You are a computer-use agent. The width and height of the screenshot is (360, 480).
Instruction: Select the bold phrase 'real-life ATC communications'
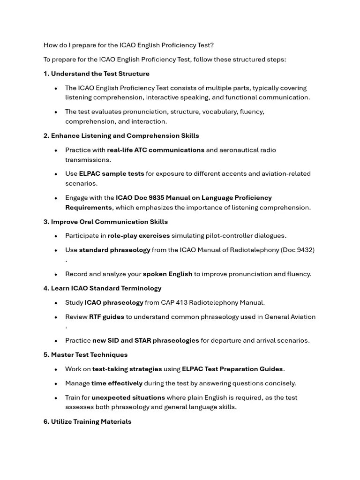tap(156, 150)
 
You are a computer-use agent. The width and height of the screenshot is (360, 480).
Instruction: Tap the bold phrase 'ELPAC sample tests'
tap(112, 173)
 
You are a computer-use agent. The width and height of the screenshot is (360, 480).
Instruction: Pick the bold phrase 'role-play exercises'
tap(139, 236)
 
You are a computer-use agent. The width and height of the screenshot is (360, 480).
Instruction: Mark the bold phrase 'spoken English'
tap(167, 274)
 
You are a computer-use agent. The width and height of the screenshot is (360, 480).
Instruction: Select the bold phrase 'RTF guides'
tap(107, 317)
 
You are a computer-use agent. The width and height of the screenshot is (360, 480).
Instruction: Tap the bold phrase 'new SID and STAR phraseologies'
tap(145, 340)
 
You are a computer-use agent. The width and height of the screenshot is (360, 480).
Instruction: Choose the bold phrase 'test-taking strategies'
tap(127, 369)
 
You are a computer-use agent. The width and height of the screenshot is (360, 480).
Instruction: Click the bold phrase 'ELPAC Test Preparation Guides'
tap(232, 369)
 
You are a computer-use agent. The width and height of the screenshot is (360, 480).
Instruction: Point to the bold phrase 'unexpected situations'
tap(128, 397)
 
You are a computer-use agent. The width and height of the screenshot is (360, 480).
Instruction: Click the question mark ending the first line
tap(212, 45)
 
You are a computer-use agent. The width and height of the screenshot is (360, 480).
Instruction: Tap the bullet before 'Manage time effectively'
tap(56, 383)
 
